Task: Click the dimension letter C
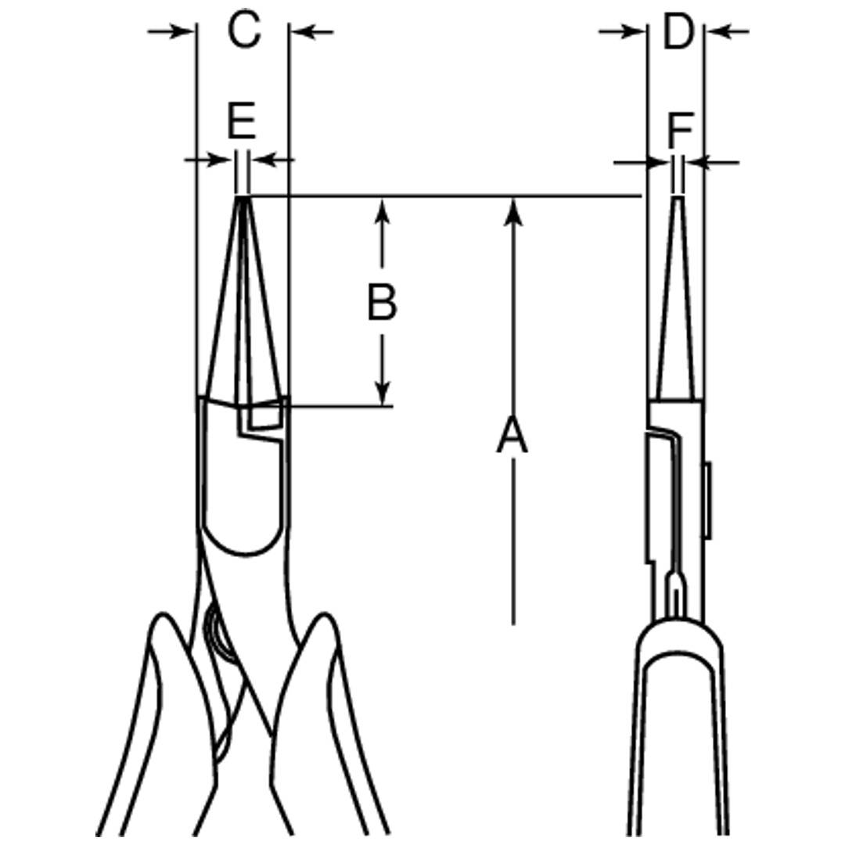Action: coord(244,30)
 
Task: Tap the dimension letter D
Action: coord(678,32)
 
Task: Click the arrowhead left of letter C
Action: coord(182,32)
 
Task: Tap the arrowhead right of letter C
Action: coord(302,32)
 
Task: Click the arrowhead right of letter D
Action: coord(717,32)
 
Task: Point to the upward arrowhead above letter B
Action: coord(382,210)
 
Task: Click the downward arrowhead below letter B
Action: coord(382,392)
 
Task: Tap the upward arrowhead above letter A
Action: coord(513,210)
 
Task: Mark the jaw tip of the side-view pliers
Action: coord(678,198)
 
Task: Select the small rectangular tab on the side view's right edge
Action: coord(707,499)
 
